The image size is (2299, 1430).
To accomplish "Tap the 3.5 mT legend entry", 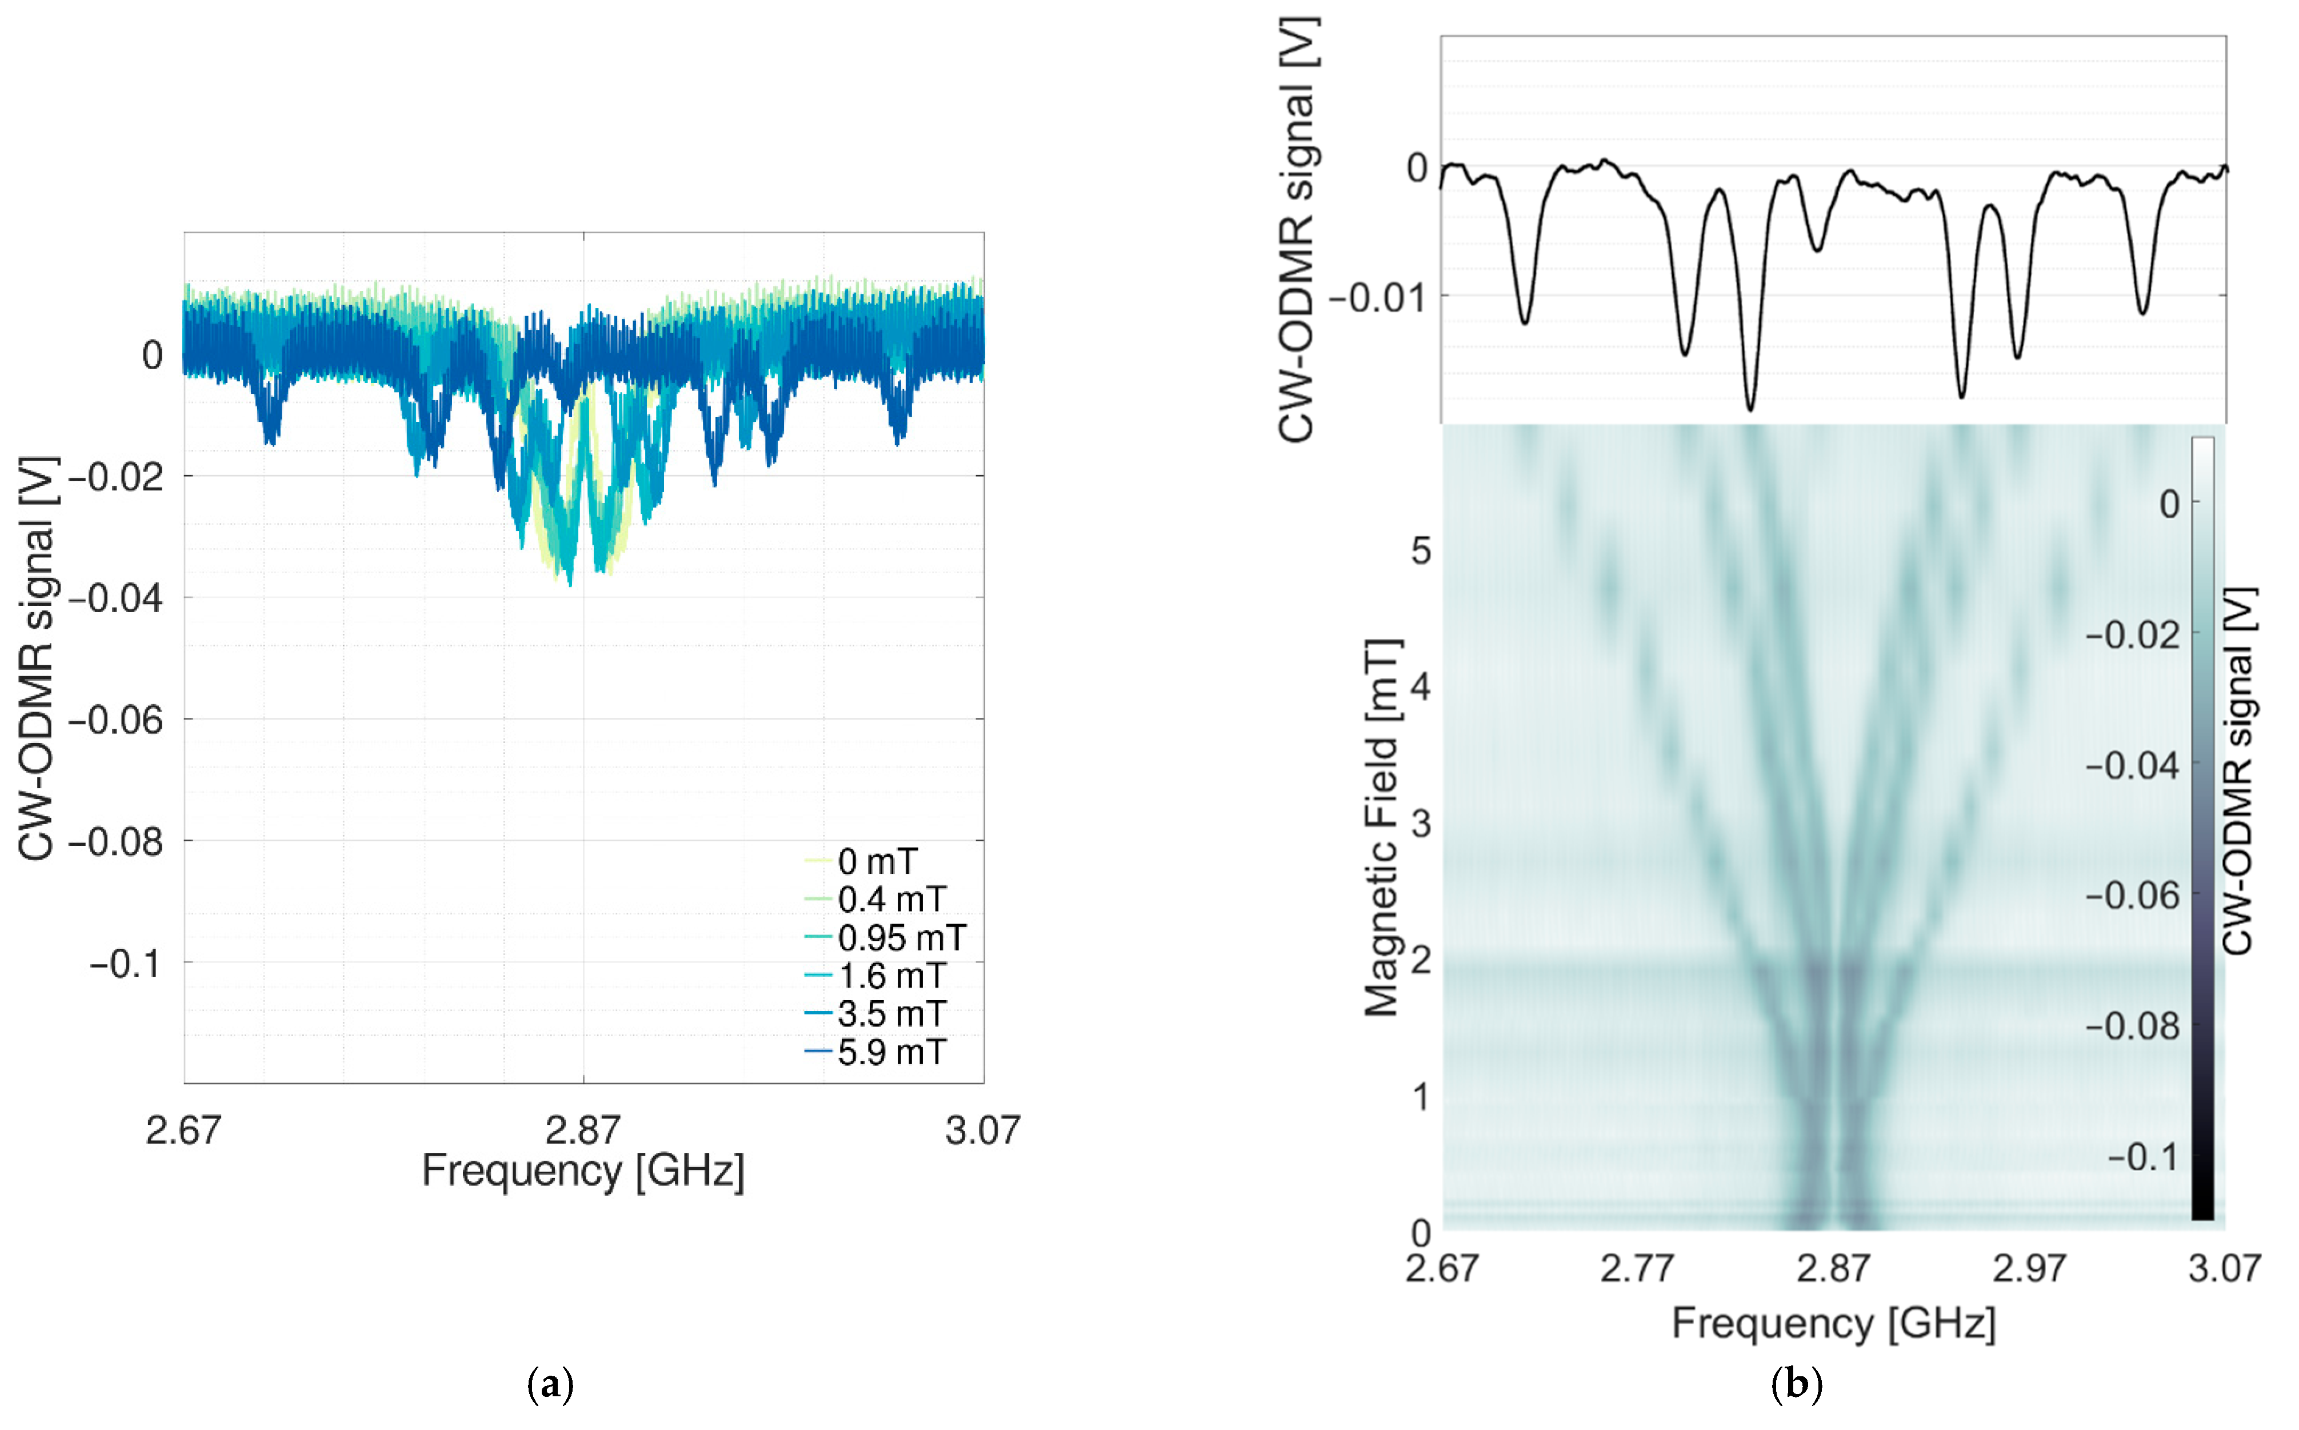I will pyautogui.click(x=891, y=1014).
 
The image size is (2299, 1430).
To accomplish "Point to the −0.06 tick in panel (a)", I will pyautogui.click(x=115, y=721).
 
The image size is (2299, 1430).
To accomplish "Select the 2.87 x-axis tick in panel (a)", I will pyautogui.click(x=582, y=1130).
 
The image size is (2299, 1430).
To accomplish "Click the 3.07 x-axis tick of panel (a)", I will pyautogui.click(x=982, y=1130).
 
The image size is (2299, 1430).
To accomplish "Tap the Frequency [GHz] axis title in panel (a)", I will pyautogui.click(x=582, y=1171).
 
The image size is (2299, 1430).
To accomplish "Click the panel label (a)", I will pyautogui.click(x=549, y=1385).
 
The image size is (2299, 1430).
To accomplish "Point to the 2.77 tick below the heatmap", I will pyautogui.click(x=1637, y=1268).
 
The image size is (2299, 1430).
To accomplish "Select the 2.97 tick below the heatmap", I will pyautogui.click(x=2029, y=1268).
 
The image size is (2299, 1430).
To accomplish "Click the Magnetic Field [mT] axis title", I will pyautogui.click(x=1382, y=828).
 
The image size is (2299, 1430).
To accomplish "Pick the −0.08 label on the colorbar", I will pyautogui.click(x=2133, y=1026).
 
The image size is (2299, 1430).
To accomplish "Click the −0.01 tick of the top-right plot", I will pyautogui.click(x=1377, y=298).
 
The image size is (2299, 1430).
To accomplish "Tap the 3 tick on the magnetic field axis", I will pyautogui.click(x=1421, y=824).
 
